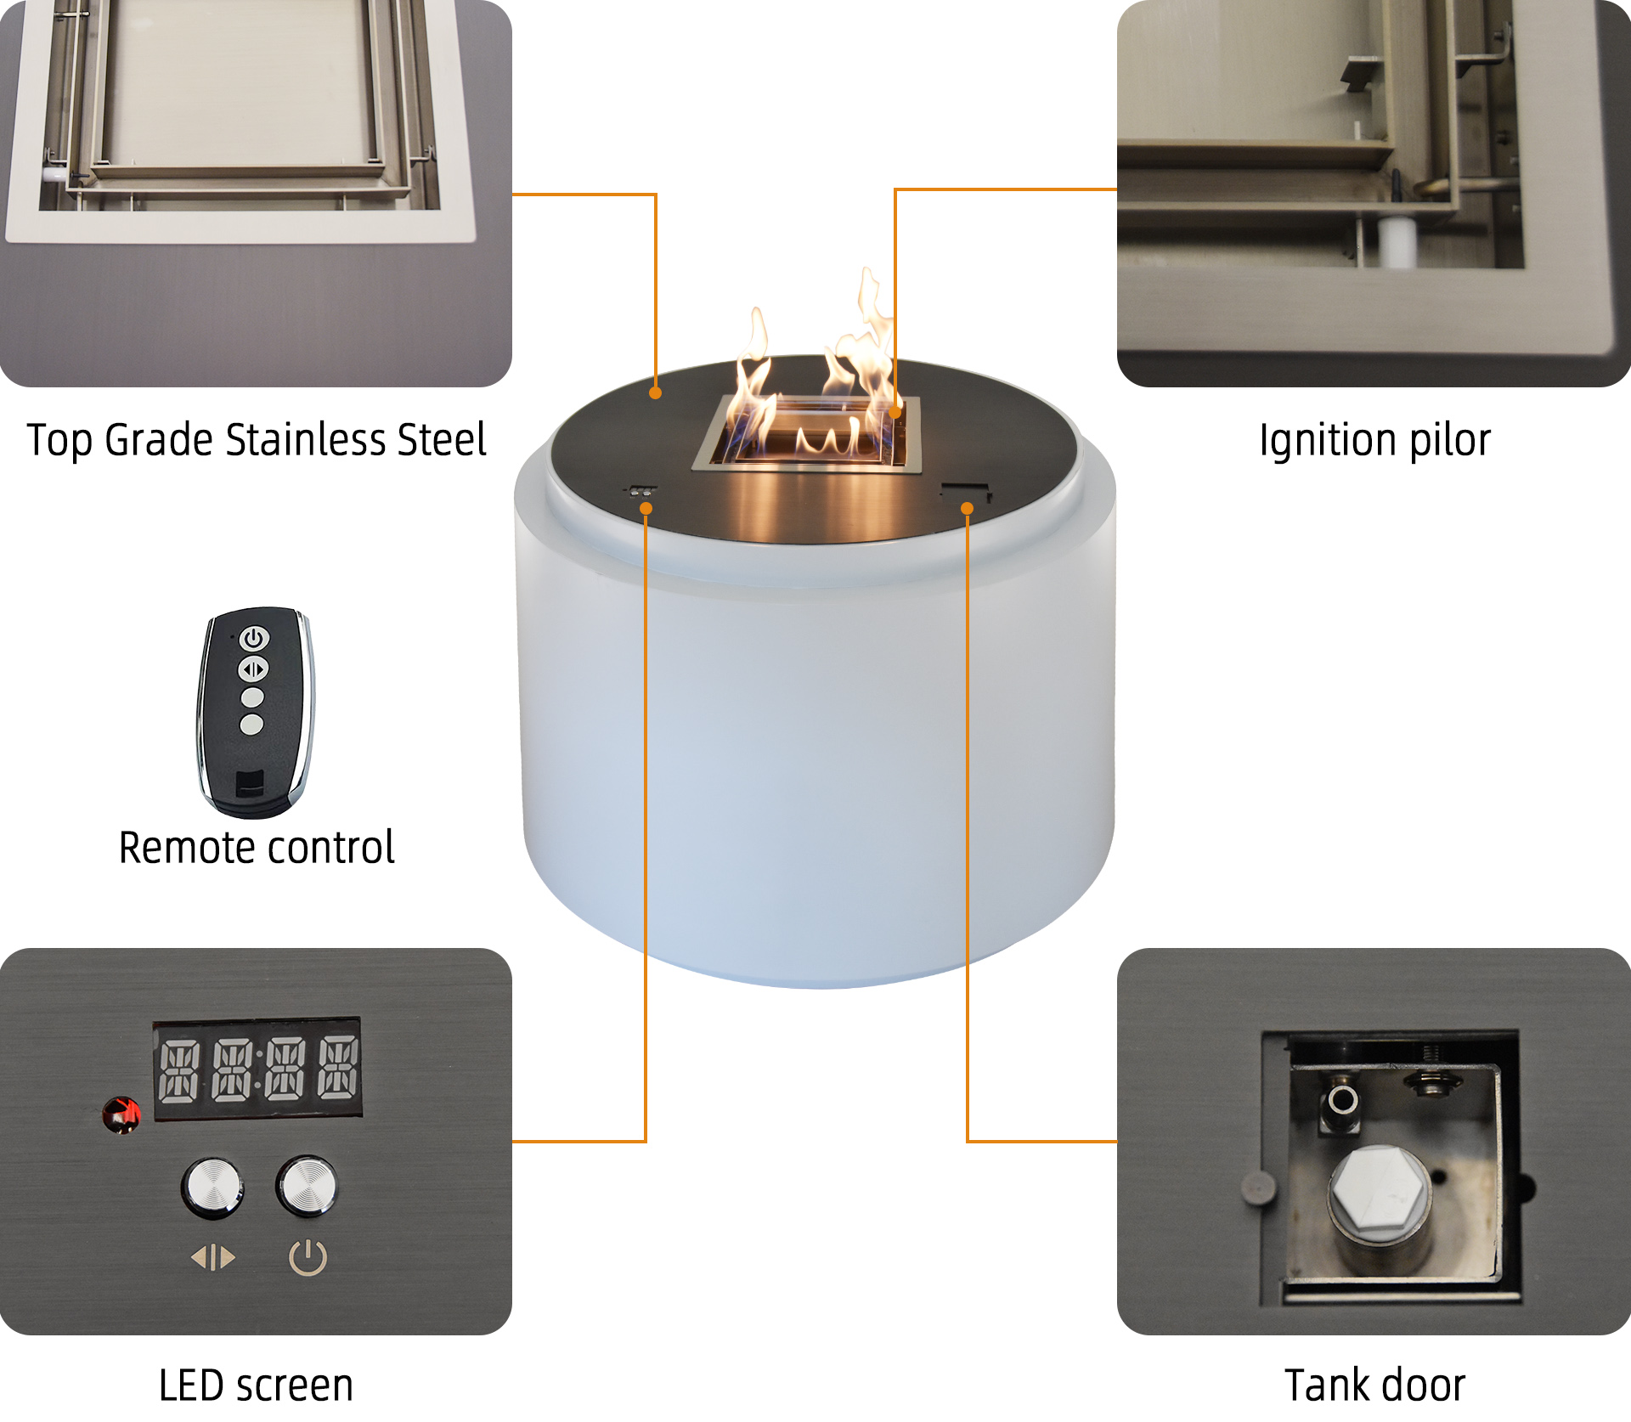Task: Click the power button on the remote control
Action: tap(254, 639)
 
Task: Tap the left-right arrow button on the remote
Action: tap(252, 669)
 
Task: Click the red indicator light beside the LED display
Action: tap(121, 1114)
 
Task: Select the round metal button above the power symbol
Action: tap(307, 1185)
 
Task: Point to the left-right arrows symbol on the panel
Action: tap(213, 1257)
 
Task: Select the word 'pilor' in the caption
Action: tap(1450, 441)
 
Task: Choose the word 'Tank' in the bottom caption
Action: tap(1326, 1385)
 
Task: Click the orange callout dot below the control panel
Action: tap(646, 509)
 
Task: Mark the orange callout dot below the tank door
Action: tap(967, 509)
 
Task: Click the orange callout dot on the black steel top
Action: tap(655, 392)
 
